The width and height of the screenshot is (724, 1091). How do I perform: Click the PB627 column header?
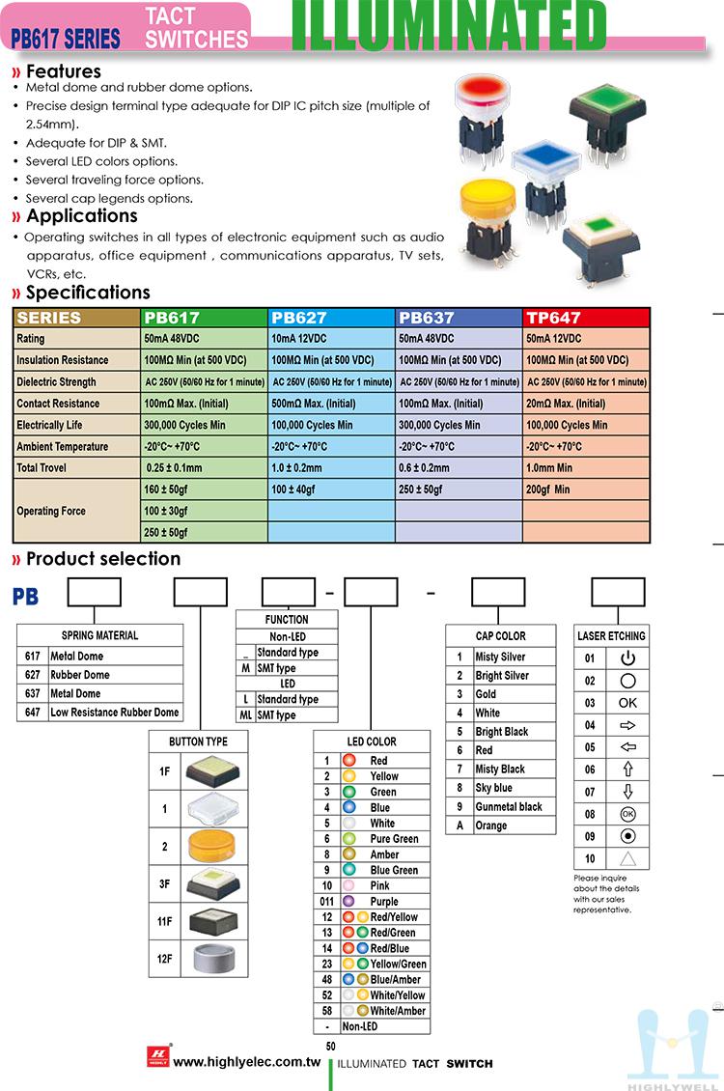point(299,318)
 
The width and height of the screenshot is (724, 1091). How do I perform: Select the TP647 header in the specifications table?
point(553,318)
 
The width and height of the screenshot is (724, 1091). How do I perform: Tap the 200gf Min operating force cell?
point(548,490)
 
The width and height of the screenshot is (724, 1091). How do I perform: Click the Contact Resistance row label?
point(58,404)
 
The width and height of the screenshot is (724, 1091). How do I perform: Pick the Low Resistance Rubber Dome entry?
point(114,713)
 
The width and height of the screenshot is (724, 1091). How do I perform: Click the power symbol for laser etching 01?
point(627,658)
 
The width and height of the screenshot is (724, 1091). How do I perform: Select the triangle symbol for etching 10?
point(627,858)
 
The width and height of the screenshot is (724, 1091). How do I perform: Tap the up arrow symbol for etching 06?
point(627,769)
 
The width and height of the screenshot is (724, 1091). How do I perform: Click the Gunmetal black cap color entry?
point(509,807)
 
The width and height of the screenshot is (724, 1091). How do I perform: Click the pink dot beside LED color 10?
point(348,886)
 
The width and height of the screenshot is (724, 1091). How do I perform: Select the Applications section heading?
point(82,216)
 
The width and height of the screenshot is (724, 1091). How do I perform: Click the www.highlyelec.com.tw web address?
point(246,1062)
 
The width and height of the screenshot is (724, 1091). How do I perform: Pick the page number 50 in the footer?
point(331,1047)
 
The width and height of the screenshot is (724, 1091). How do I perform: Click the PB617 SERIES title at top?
point(66,39)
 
